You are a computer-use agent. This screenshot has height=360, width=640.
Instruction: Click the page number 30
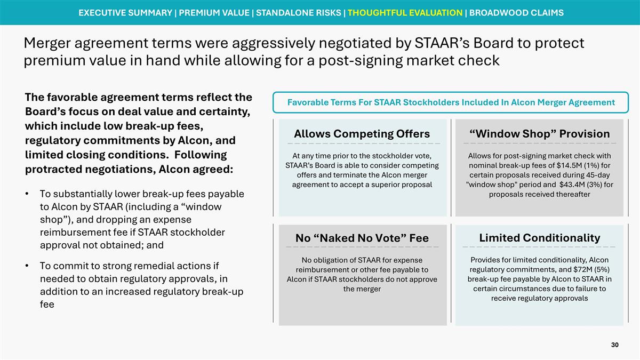(x=614, y=346)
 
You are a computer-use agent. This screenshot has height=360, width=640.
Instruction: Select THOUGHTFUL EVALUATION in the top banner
(x=405, y=12)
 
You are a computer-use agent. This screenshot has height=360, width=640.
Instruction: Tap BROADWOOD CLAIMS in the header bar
(x=516, y=12)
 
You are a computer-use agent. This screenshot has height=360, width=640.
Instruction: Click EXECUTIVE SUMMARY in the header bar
(x=125, y=12)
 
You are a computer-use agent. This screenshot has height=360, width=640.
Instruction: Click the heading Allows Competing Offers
(x=362, y=133)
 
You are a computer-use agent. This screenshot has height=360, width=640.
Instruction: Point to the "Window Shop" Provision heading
(x=539, y=133)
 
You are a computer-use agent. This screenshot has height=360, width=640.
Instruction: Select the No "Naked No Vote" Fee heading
(x=362, y=238)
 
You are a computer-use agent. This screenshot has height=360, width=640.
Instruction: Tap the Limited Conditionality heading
(x=539, y=238)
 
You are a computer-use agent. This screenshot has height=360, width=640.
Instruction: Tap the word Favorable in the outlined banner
(x=308, y=102)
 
